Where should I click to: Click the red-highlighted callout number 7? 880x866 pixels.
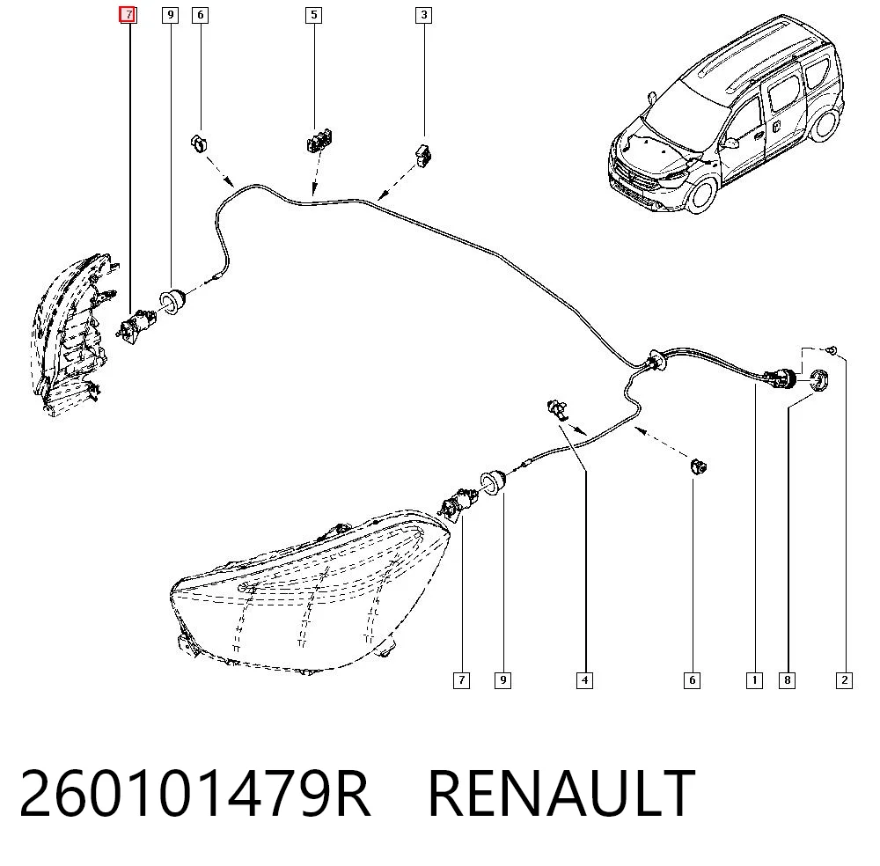(128, 15)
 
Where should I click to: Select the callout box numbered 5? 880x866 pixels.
(314, 15)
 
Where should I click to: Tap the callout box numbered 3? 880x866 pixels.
(424, 15)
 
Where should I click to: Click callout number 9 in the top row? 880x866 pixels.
(170, 15)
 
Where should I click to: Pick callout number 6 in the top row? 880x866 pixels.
(201, 15)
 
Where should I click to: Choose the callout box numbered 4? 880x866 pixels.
(585, 680)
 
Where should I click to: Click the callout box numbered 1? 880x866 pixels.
(754, 680)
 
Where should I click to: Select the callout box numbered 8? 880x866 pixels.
(788, 680)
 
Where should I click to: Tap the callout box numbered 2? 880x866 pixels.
(844, 680)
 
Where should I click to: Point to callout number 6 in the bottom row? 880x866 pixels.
(692, 680)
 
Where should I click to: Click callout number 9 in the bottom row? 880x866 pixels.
(502, 680)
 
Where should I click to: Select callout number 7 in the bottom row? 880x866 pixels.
(461, 680)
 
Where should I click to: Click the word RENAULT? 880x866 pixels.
(561, 794)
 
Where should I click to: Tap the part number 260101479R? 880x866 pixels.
(195, 794)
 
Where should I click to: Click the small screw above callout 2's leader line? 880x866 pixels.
(832, 349)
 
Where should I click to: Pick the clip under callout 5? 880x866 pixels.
(319, 140)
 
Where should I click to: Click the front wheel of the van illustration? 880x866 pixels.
(702, 194)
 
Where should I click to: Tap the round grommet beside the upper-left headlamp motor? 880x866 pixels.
(172, 301)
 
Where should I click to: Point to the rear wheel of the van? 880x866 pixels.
(825, 125)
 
